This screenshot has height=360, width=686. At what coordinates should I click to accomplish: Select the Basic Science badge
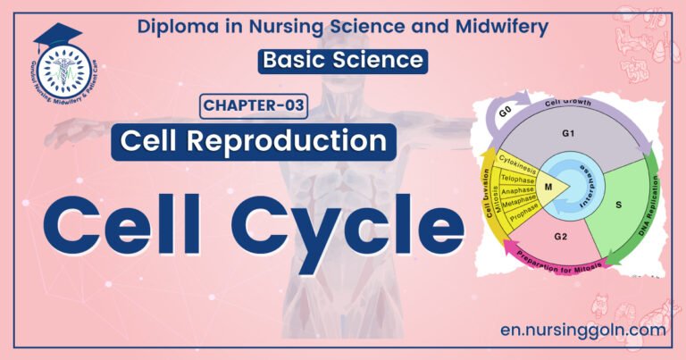click(x=342, y=61)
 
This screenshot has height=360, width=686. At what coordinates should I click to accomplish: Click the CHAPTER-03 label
click(x=253, y=107)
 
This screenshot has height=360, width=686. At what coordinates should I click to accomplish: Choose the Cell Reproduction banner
click(x=254, y=142)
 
